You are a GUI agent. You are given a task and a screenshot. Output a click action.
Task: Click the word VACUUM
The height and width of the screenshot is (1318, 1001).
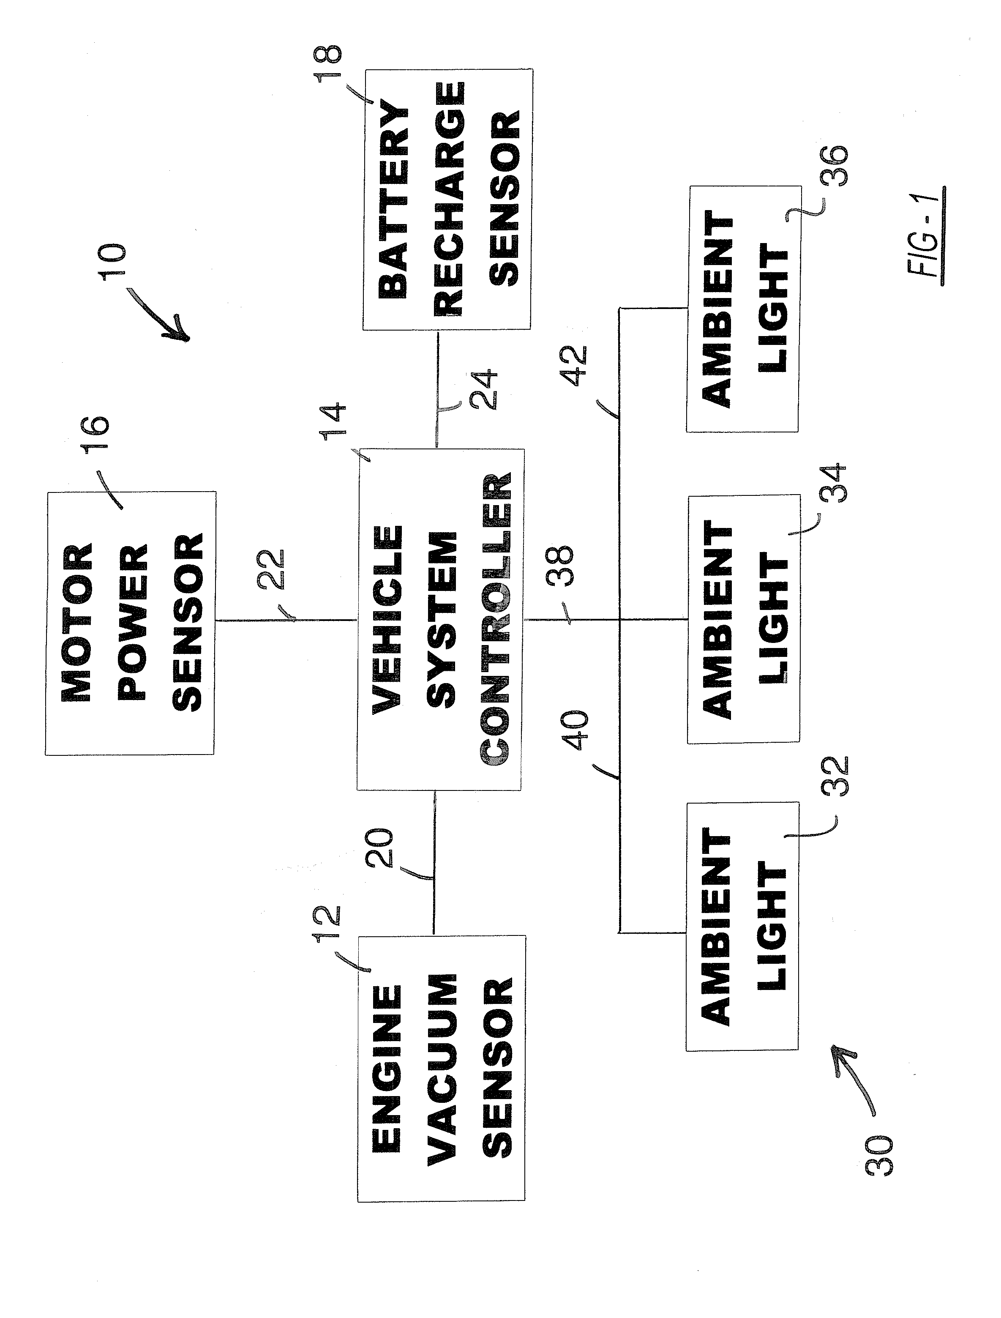tap(442, 1069)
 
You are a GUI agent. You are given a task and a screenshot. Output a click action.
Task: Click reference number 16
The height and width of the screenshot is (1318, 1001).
tap(96, 435)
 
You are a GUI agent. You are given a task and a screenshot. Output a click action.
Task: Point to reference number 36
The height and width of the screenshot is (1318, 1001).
tap(834, 166)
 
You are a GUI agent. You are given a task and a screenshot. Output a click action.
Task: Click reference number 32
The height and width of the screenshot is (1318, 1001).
tap(834, 776)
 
